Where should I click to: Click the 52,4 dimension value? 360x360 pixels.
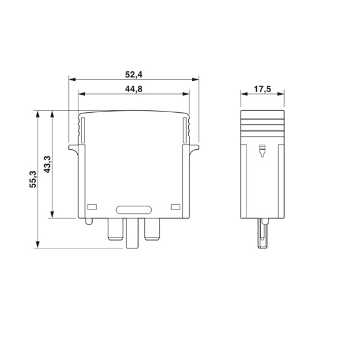[x=134, y=75]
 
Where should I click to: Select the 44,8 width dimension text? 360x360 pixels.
[x=134, y=89]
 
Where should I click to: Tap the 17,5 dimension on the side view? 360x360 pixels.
[x=263, y=89]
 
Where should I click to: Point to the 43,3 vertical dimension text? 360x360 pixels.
[x=47, y=164]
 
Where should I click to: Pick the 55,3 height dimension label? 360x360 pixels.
[x=32, y=179]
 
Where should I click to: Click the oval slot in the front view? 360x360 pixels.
[x=134, y=210]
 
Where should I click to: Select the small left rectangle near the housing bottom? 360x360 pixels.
[x=92, y=207]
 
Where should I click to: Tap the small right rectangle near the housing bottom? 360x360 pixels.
[x=176, y=207]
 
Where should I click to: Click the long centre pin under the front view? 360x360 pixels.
[x=132, y=233]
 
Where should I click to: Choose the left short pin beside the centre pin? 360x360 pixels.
[x=115, y=229]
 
